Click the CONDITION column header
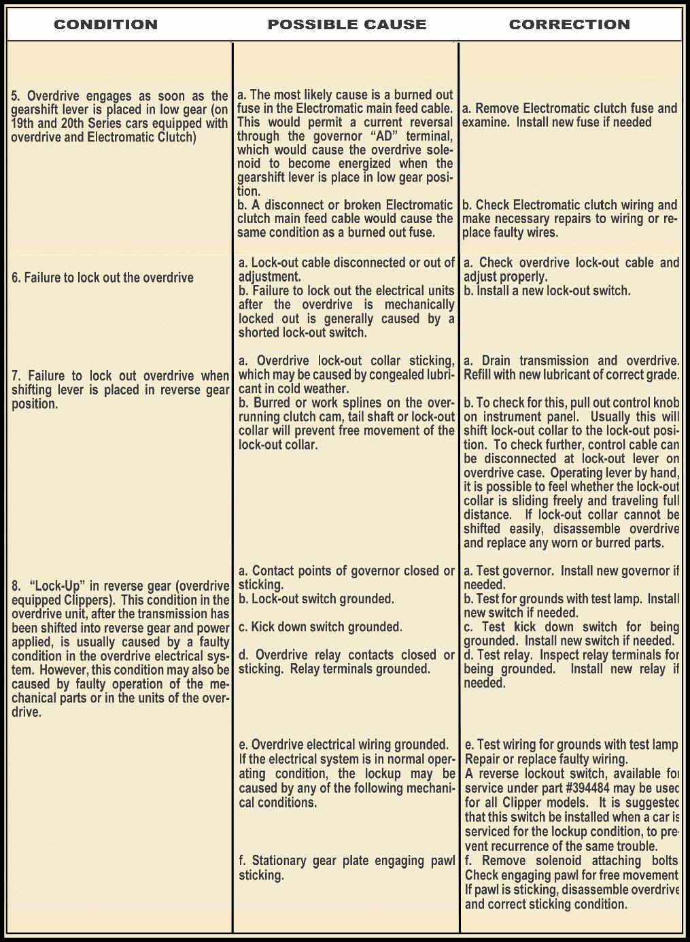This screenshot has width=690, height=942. [105, 24]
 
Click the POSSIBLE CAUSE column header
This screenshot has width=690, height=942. [347, 24]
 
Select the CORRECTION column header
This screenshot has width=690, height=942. [569, 24]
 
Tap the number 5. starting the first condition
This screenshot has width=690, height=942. [16, 96]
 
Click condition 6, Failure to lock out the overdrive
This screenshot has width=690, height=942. [102, 277]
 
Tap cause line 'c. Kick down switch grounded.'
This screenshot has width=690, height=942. [320, 627]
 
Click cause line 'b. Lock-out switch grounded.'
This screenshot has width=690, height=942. [316, 599]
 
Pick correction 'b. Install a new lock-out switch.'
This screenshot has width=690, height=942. [547, 291]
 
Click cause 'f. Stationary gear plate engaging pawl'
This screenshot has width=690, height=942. [347, 861]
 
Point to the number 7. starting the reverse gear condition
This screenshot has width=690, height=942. [16, 376]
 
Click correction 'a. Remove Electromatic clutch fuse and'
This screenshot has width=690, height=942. [570, 108]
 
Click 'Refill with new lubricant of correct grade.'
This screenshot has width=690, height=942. [571, 375]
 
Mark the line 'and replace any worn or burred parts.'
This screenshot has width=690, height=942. [564, 543]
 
